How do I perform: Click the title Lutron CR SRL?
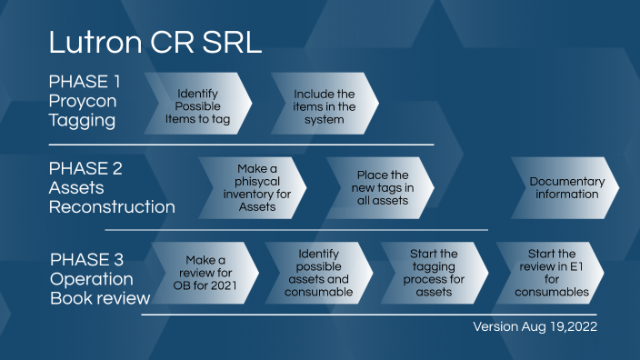point(155,43)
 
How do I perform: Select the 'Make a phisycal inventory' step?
point(252,188)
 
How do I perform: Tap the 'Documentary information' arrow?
point(565,187)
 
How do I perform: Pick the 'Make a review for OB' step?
point(205,272)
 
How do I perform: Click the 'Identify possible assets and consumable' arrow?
point(318,272)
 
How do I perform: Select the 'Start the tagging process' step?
point(435,272)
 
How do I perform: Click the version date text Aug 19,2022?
point(558,325)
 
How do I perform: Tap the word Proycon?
point(84,101)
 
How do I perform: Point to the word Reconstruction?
point(111,207)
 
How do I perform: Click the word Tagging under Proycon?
point(83,121)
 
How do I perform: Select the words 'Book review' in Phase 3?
point(99,298)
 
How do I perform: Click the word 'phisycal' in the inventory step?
point(256,182)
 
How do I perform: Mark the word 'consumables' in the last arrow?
point(552,292)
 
